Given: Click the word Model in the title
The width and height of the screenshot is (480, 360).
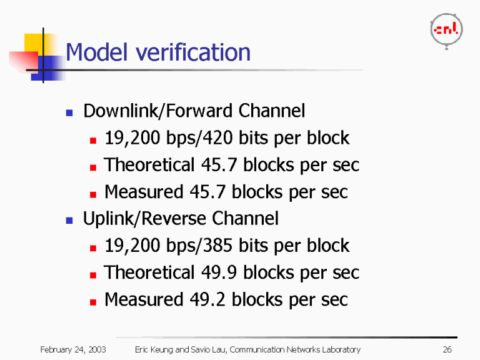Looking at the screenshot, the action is [x=96, y=52].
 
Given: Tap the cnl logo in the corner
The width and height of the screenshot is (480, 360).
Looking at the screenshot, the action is [x=446, y=31].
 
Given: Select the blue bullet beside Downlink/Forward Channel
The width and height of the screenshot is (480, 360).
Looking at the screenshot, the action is [x=69, y=113].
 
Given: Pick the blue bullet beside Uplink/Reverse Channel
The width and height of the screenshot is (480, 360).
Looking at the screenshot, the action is [x=69, y=221].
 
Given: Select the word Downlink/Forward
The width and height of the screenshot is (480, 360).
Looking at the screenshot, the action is [x=158, y=111].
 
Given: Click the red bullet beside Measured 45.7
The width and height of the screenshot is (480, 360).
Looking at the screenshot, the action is [x=93, y=194].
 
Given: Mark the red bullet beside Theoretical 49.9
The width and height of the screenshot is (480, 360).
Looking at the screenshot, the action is [x=93, y=275].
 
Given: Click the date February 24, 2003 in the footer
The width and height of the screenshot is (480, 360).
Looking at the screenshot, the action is [x=73, y=349].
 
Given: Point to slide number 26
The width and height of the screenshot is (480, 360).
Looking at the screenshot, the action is [x=447, y=349].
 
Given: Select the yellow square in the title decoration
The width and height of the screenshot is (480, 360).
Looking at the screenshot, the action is [x=33, y=43].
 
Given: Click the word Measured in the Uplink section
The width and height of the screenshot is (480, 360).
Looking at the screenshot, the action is [x=144, y=299].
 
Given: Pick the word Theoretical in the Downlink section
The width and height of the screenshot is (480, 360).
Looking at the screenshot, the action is [x=149, y=165].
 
